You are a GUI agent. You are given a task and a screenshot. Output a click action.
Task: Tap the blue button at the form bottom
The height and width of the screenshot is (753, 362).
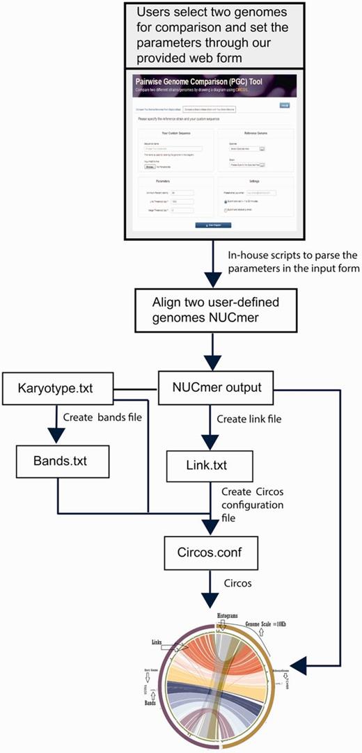213,225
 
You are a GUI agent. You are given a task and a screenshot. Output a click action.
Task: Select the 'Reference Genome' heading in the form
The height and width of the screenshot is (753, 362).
255,132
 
